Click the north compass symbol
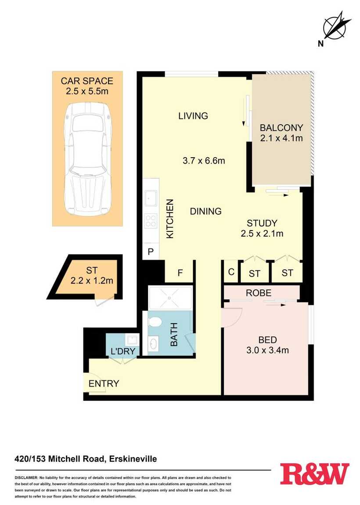click(335, 29)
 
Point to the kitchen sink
click(151, 197)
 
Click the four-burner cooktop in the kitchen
click(151, 221)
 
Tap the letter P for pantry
click(151, 252)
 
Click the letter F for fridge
click(180, 273)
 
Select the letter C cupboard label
click(231, 272)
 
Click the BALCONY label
click(281, 127)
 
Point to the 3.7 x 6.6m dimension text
click(204, 160)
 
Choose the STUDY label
click(262, 223)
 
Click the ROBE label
click(259, 293)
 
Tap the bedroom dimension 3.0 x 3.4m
click(267, 350)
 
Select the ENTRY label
click(104, 383)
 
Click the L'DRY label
click(122, 351)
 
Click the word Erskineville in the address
click(133, 458)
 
